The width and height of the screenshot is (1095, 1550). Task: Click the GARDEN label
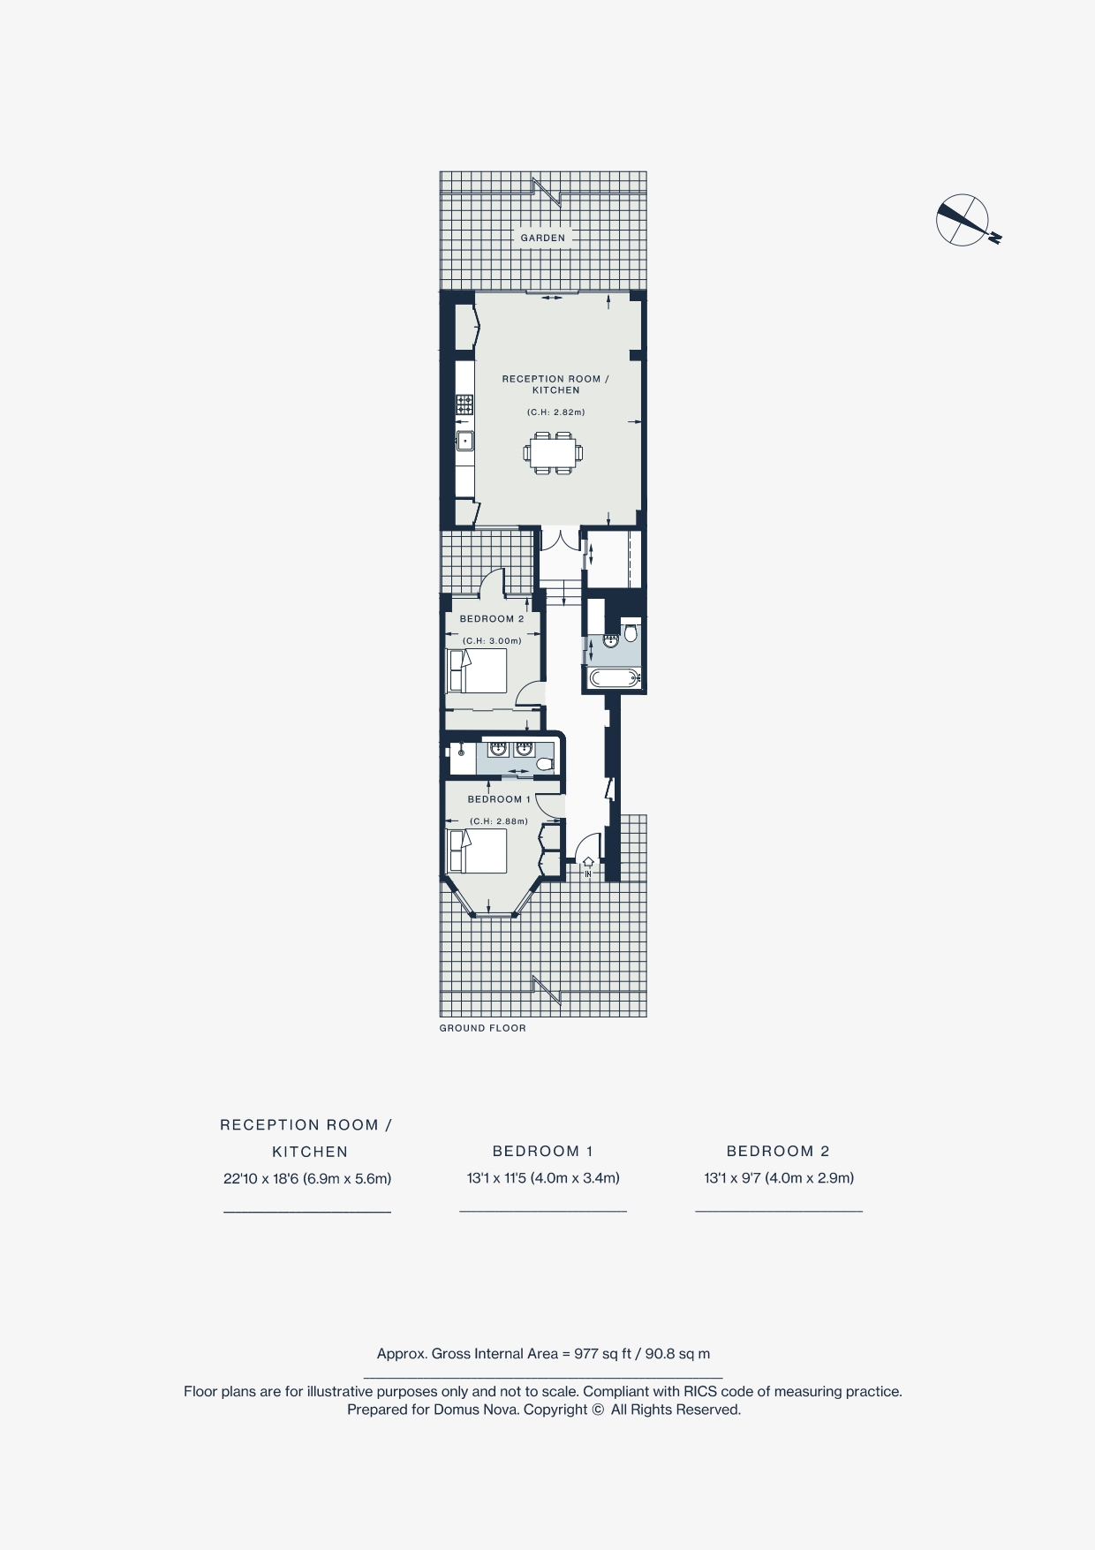click(x=542, y=238)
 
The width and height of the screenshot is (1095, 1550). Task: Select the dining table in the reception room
click(x=553, y=453)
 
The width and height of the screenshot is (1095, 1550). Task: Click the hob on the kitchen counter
click(x=464, y=405)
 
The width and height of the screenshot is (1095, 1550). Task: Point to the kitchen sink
click(x=464, y=440)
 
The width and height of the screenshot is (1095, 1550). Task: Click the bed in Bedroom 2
click(x=477, y=671)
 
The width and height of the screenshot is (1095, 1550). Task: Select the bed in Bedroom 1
click(x=477, y=851)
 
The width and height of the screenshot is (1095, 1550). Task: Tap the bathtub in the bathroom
click(x=612, y=678)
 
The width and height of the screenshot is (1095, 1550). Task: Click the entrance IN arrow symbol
click(x=588, y=864)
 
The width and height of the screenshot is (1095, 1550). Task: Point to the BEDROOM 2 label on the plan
click(x=492, y=619)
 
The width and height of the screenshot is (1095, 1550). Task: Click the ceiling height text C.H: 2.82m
click(x=555, y=412)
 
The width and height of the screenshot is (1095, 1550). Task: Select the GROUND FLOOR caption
click(x=482, y=1028)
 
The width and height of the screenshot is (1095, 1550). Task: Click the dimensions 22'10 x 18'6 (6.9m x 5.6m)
click(x=307, y=1178)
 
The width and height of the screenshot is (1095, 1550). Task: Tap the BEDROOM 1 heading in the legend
click(x=542, y=1151)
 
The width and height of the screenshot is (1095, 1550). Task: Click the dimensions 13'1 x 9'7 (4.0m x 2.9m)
click(x=779, y=1178)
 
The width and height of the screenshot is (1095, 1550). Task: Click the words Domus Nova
click(x=474, y=1410)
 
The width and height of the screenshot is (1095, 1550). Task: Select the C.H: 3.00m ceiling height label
click(x=492, y=641)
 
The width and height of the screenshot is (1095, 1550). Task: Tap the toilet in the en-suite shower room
click(x=546, y=764)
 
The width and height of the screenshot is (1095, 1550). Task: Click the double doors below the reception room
click(x=560, y=540)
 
